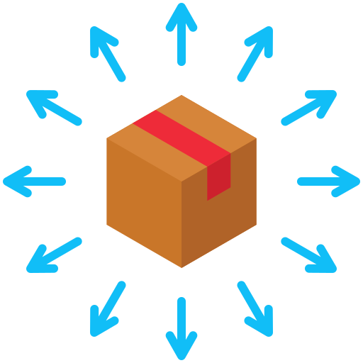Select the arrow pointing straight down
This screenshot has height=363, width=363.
181,328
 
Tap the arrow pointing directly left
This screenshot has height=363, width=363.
35,181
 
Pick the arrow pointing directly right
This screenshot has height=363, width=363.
328,181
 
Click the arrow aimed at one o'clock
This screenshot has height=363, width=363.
255,54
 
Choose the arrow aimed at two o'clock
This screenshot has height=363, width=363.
308,108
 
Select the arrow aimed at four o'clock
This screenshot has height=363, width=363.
308,255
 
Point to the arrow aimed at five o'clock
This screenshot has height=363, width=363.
255,308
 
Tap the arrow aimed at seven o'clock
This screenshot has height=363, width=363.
108,308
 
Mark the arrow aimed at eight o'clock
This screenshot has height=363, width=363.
54,255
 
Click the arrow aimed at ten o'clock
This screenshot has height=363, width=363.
54,108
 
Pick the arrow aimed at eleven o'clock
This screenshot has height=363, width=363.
108,54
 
